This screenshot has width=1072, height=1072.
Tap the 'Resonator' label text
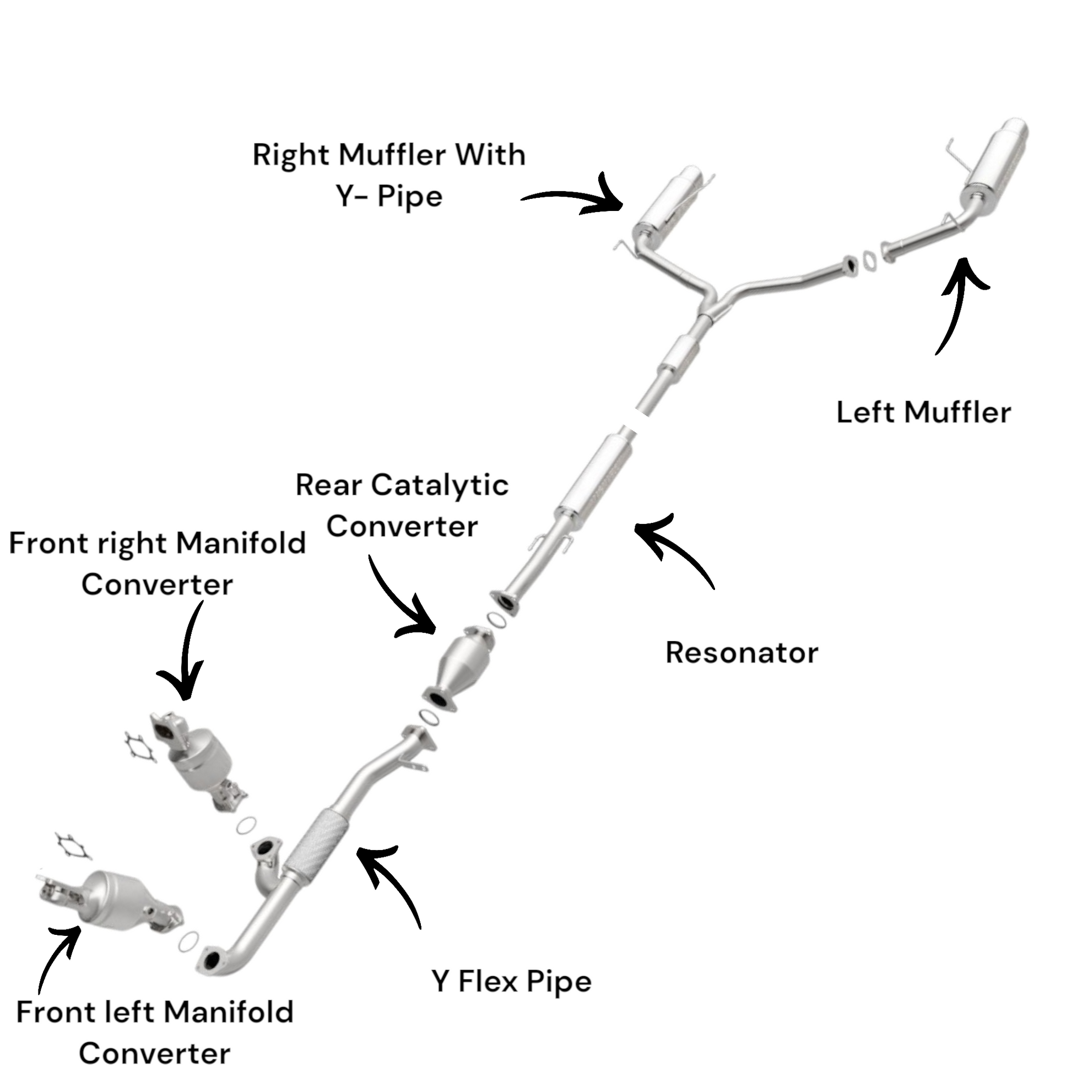741,653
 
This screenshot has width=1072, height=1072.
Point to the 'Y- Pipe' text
389,197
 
